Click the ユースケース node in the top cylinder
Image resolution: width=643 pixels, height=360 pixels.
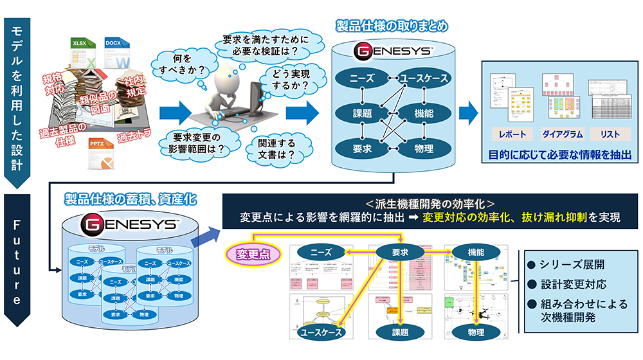(x=423, y=78)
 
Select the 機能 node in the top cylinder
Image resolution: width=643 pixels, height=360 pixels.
(x=423, y=114)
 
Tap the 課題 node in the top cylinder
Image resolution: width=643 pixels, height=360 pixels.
(x=363, y=114)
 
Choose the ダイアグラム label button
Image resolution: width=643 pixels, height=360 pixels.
(x=561, y=134)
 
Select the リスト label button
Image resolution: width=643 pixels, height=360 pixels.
(x=609, y=134)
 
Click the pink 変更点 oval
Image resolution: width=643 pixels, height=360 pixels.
(x=253, y=253)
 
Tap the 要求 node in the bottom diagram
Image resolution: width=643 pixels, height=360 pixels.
(x=400, y=253)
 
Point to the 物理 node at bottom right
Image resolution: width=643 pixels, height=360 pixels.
(x=476, y=332)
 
